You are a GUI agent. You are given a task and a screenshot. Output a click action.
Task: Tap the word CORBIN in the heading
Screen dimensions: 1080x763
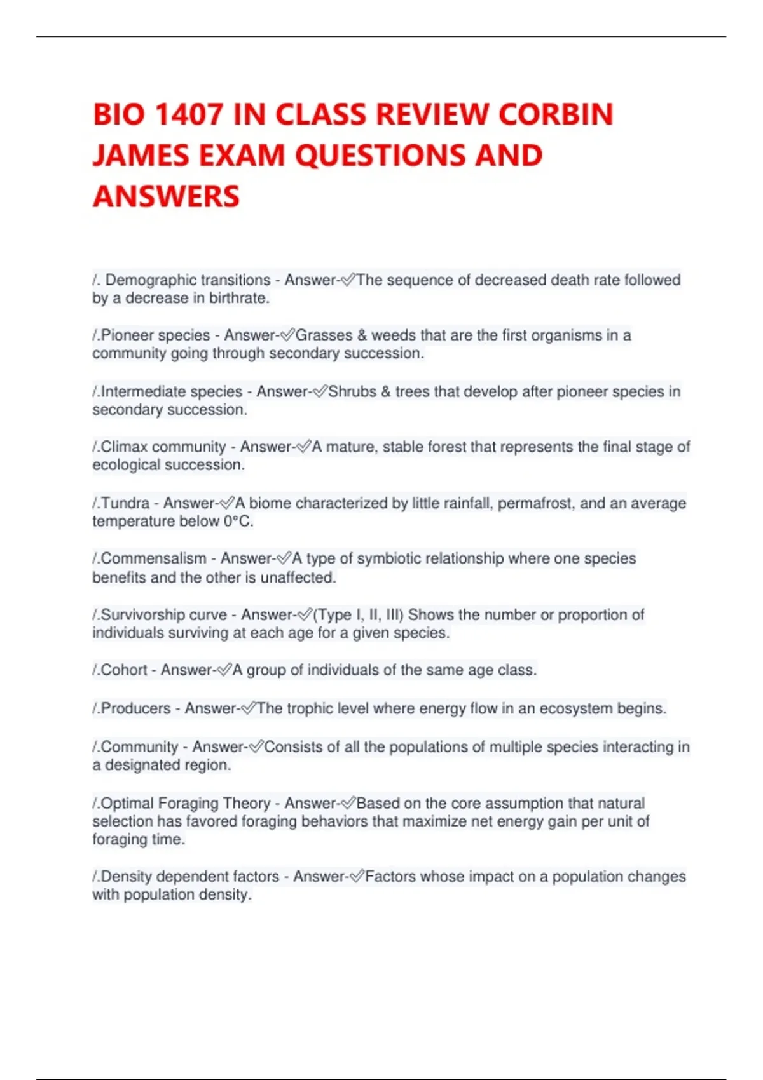click(x=556, y=115)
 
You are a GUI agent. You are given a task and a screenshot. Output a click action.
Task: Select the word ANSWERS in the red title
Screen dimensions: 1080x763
click(x=167, y=196)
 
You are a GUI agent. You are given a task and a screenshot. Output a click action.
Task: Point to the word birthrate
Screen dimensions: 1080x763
click(x=239, y=299)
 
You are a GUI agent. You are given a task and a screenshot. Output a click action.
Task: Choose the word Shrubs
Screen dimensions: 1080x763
click(x=352, y=392)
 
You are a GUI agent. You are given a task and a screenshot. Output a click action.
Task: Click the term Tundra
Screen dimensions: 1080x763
click(x=125, y=504)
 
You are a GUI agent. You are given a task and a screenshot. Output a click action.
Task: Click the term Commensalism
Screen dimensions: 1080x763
click(x=153, y=559)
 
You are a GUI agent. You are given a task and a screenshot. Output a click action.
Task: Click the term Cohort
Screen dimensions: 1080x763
click(x=124, y=670)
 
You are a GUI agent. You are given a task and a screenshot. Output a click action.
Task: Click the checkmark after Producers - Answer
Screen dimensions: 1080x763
click(x=249, y=709)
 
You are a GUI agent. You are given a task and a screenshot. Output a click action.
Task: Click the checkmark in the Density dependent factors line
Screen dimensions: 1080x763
click(x=357, y=877)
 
